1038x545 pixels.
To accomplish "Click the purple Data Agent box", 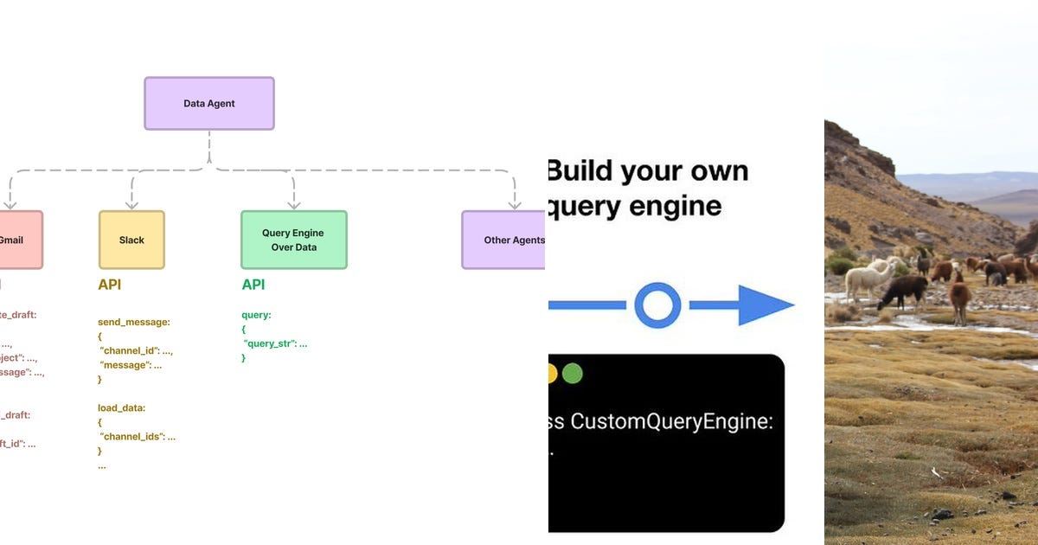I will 209,104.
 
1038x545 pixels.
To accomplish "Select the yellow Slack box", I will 131,240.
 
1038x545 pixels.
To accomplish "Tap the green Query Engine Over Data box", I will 293,240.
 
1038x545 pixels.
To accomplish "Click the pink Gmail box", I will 17,240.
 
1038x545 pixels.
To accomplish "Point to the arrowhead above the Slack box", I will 131,204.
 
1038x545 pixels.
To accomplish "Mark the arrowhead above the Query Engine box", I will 293,204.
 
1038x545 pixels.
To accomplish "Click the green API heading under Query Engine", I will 253,285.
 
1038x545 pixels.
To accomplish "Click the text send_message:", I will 134,322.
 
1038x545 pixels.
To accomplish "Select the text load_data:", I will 121,407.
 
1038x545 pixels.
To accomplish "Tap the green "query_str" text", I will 272,343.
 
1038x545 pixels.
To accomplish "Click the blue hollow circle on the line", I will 657,305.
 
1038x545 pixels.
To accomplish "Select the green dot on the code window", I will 572,374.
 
